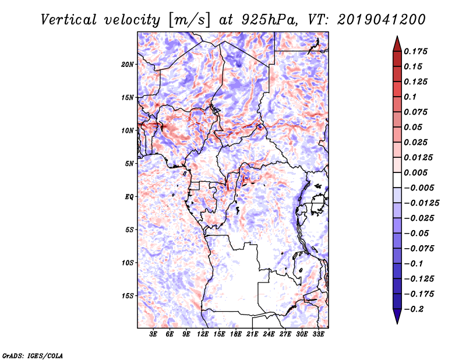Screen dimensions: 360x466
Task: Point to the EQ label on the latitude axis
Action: [129, 197]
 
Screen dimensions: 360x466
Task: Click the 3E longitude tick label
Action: [154, 335]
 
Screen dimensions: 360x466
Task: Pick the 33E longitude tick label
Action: [318, 335]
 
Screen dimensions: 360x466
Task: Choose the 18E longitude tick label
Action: [235, 335]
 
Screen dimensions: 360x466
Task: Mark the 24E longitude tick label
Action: [269, 335]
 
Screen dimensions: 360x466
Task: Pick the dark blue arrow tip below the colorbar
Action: [397, 320]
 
